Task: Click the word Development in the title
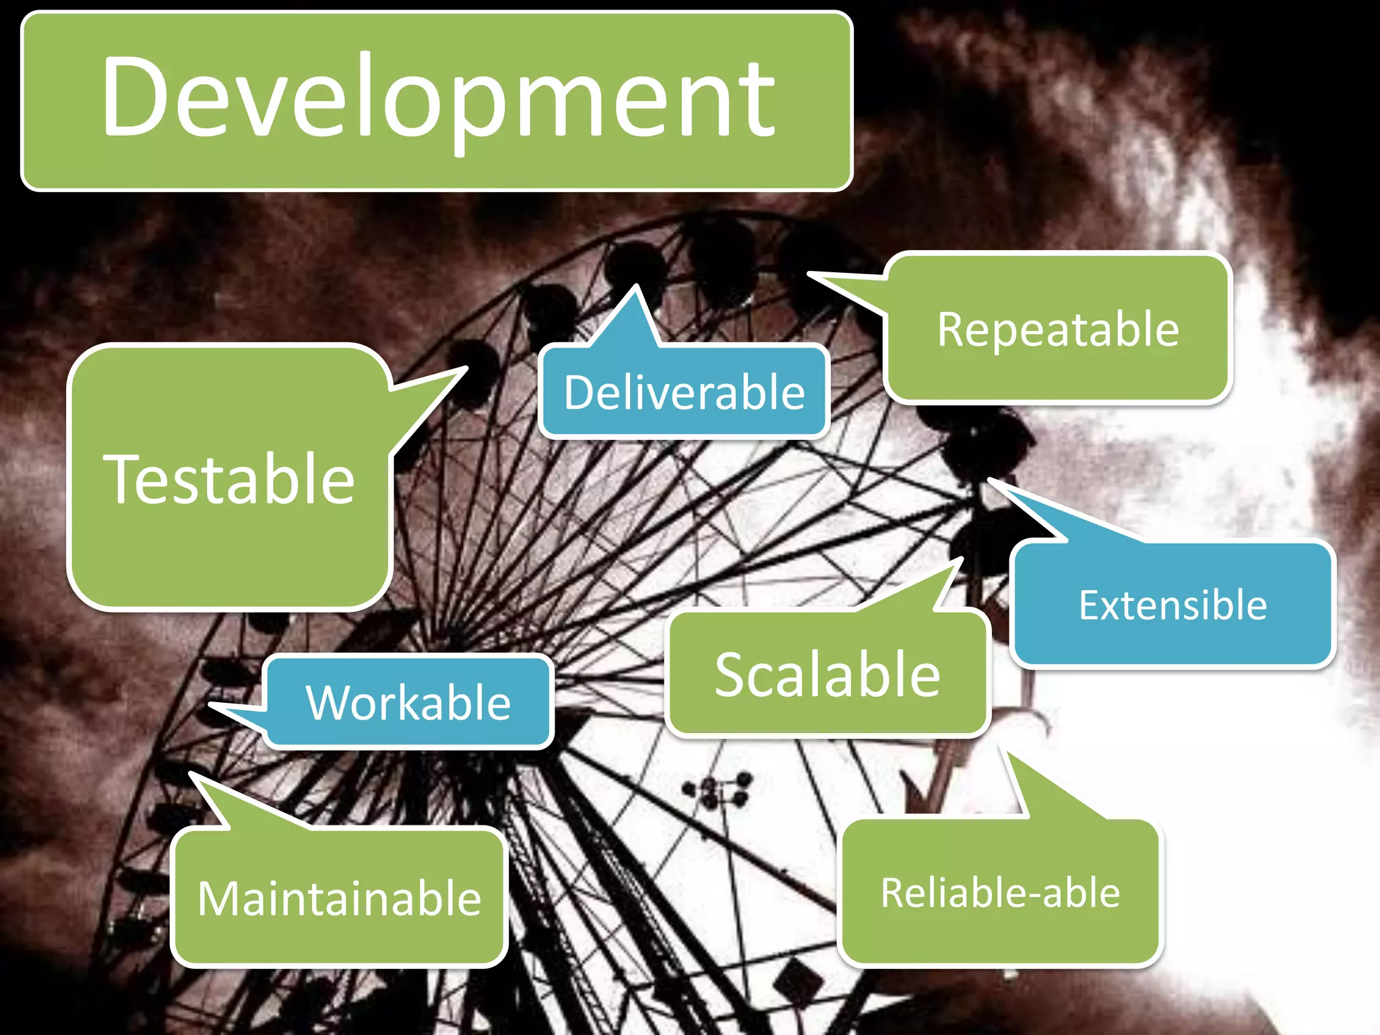[438, 98]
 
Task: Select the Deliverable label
[684, 392]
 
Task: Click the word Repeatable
[1058, 330]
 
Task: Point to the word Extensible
[1172, 604]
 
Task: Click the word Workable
[408, 702]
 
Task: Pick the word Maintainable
[339, 898]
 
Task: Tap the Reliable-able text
[1000, 893]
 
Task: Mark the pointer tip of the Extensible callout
[990, 480]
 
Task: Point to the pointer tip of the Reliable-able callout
[1008, 752]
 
